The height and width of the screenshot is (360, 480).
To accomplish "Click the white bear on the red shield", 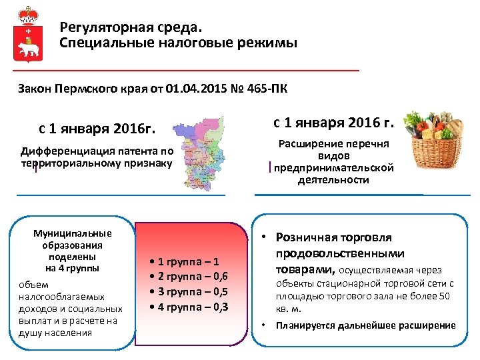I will tap(28, 49).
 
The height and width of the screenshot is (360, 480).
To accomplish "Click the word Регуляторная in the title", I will tap(100, 28).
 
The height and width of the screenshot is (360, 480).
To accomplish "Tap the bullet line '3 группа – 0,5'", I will tap(190, 292).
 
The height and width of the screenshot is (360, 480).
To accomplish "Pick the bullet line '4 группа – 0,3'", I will tap(190, 307).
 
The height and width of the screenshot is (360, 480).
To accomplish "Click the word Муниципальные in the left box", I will tap(73, 233).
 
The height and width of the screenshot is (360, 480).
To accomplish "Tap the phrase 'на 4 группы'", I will tap(72, 268).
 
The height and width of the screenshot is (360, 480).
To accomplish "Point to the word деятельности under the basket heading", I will tap(333, 180).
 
